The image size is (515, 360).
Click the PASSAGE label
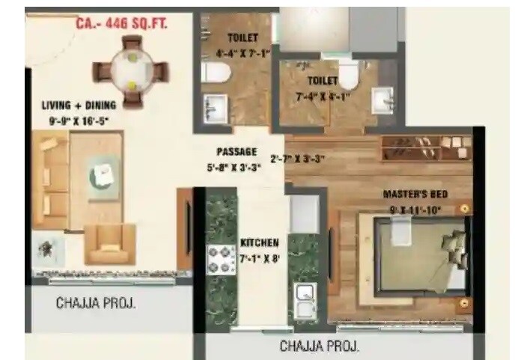(237, 151)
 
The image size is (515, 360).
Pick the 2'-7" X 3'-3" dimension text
(297, 158)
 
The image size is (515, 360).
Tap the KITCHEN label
(260, 243)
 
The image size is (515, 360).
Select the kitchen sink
(304, 302)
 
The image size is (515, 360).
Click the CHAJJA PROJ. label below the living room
(98, 304)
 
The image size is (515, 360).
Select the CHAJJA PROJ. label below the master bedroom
(320, 347)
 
